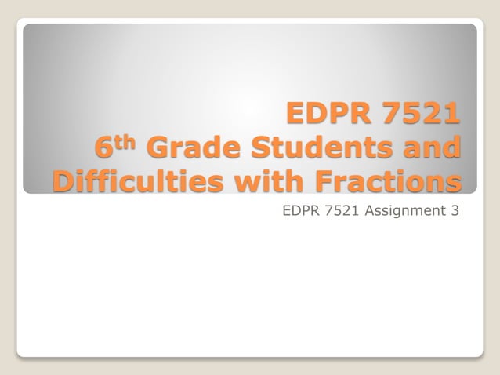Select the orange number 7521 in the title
tap(417, 115)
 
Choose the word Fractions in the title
tap(379, 182)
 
